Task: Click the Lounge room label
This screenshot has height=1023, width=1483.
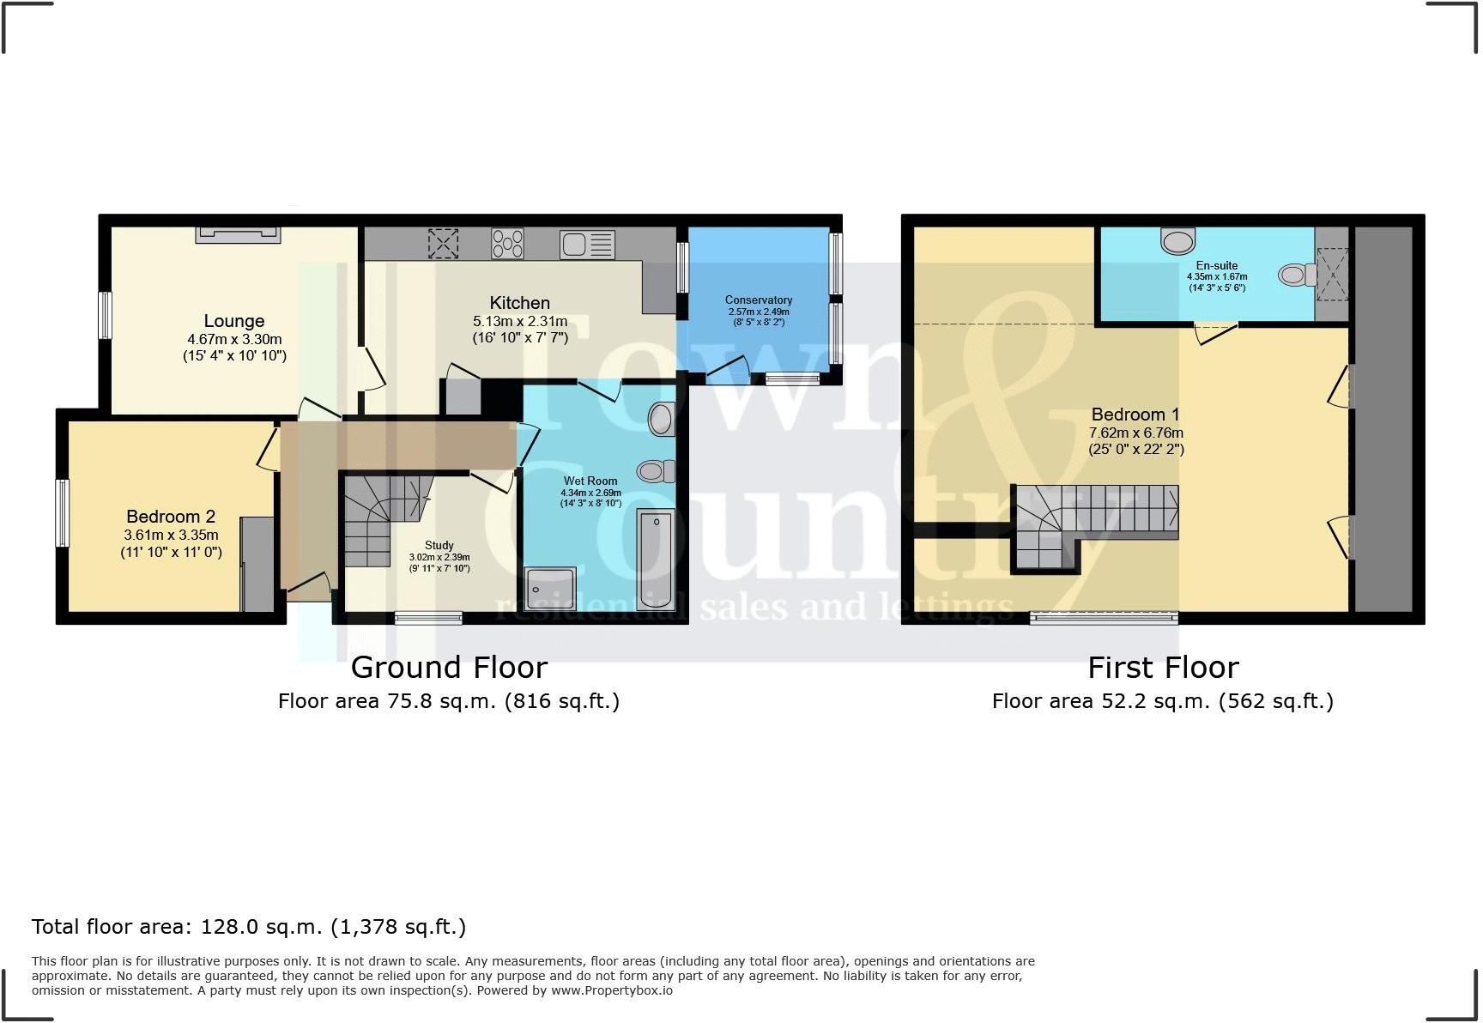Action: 233,321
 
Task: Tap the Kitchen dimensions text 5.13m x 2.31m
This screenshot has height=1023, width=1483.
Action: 519,322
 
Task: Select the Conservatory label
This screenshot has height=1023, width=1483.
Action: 758,300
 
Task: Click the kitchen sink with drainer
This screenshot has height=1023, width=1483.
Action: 588,245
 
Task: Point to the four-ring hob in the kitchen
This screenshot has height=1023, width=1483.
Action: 507,243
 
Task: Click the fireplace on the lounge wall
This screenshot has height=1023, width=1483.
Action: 238,234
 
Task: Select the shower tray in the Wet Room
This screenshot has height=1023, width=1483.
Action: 548,590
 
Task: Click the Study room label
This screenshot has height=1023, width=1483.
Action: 439,546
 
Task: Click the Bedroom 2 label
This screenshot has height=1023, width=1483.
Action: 171,517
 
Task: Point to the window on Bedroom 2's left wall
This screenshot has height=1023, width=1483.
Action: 62,513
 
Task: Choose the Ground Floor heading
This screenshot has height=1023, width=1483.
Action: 449,668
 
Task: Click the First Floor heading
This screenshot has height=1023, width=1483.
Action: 1163,668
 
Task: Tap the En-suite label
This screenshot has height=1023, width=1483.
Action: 1216,266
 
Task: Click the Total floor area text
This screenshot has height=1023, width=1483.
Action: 249,927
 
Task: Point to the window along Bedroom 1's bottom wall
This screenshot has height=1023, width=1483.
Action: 1104,617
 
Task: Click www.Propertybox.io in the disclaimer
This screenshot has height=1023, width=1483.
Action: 612,990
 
